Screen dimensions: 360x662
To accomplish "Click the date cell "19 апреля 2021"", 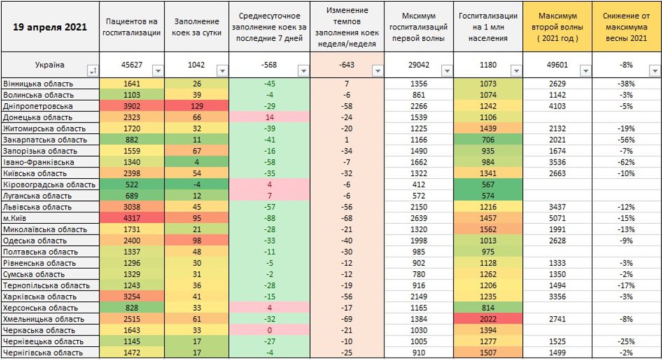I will coord(50,28).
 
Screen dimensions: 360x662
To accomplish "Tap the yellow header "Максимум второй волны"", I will coord(557,27).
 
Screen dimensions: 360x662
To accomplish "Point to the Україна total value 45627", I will coord(131,65).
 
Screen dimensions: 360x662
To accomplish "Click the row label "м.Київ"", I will coord(16,218).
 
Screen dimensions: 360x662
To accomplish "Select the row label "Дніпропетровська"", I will coord(35,106).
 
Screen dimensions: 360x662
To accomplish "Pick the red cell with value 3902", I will coord(131,106).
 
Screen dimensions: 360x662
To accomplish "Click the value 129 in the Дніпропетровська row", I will coord(197,106).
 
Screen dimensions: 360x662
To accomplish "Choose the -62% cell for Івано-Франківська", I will coord(627,162).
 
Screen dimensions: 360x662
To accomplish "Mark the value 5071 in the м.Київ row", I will coord(557,218).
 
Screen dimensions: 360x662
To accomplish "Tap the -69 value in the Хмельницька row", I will coord(346,319).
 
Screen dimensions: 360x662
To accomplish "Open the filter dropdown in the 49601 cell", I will coord(585,71).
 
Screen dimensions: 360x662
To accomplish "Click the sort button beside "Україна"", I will coord(93,71).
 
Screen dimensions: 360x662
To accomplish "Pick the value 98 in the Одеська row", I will coord(197,241).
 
